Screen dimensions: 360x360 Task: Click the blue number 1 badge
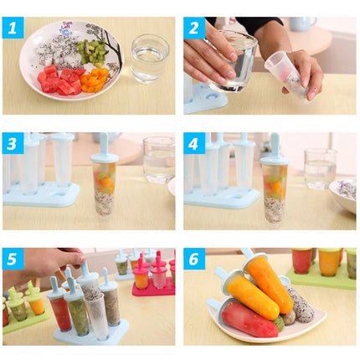(13, 28)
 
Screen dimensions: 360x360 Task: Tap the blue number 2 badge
(194, 28)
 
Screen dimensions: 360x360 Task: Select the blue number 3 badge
(13, 143)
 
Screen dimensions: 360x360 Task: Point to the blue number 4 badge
(194, 143)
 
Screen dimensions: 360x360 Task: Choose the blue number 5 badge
(13, 259)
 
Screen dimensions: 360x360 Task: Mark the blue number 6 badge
(194, 259)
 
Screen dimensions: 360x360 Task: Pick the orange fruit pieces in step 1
(95, 81)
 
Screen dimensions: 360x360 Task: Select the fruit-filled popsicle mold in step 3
(104, 184)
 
